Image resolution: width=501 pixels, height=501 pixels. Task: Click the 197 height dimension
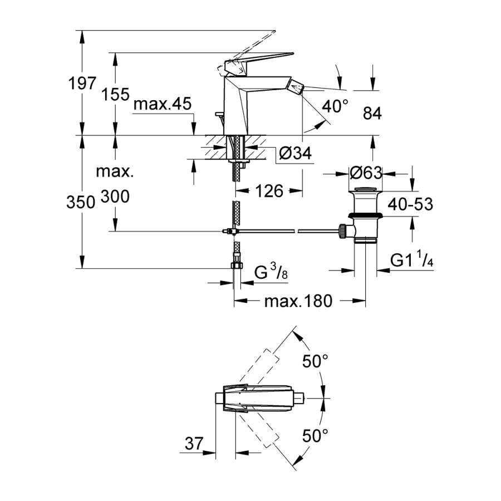tap(82, 84)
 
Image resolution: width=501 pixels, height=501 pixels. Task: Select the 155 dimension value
tap(115, 94)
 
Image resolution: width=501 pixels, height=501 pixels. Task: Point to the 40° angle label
tap(336, 106)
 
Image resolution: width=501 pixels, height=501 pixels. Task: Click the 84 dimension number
tap(372, 114)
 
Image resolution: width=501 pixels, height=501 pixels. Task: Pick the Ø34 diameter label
tap(295, 154)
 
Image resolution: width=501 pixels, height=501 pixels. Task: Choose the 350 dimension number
tap(82, 203)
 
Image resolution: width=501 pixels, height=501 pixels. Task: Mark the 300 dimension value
tap(115, 197)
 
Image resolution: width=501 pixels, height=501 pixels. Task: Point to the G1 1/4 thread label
tap(412, 261)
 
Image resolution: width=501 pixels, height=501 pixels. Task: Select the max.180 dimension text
tap(298, 301)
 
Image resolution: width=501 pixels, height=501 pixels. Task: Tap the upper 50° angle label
tap(315, 361)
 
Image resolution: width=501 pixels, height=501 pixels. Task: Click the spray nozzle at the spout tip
tap(294, 86)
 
